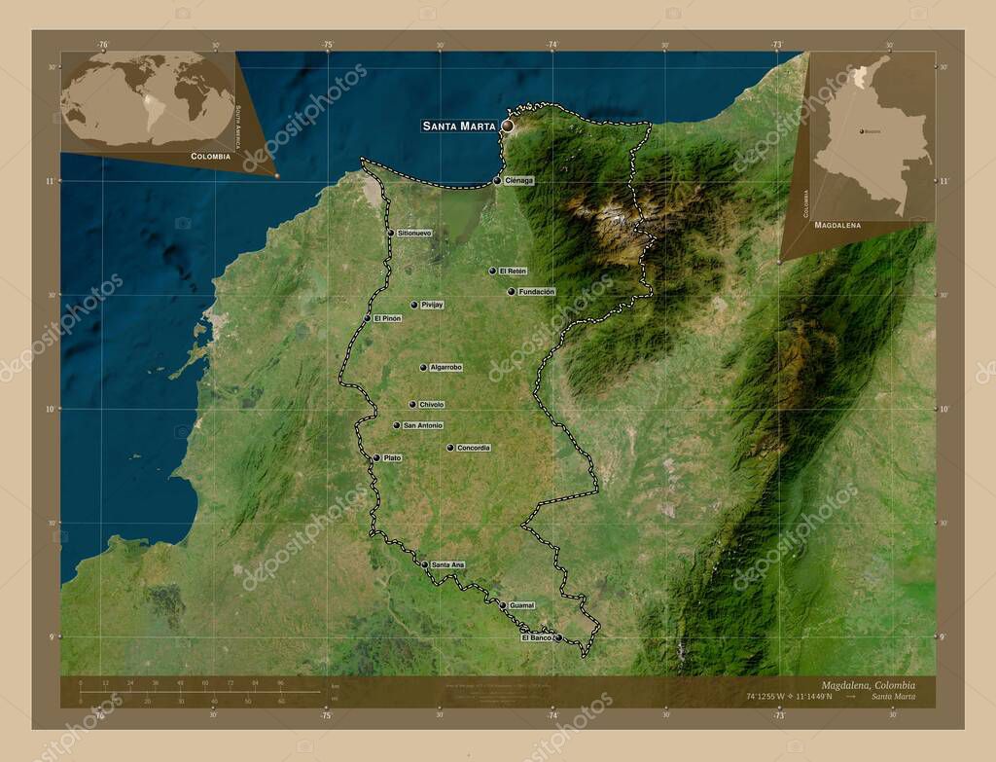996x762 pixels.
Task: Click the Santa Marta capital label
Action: [x=459, y=126]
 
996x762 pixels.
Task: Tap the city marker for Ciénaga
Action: [x=497, y=180]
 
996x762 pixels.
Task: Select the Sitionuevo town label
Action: [x=414, y=234]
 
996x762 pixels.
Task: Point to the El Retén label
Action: [x=513, y=271]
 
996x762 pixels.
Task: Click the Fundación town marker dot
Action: [x=511, y=291]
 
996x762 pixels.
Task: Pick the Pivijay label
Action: [x=432, y=305]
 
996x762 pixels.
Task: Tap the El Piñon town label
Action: [x=387, y=318]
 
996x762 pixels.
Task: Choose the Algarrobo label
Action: [x=445, y=367]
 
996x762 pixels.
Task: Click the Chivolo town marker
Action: [x=412, y=404]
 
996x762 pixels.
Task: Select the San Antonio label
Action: [x=423, y=425]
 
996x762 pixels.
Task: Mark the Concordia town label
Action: [x=474, y=448]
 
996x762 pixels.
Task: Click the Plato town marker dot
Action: [x=376, y=457]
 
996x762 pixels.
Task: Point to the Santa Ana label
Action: [x=448, y=564]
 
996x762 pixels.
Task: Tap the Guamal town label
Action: [x=522, y=605]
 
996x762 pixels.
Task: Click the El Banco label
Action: [x=537, y=637]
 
